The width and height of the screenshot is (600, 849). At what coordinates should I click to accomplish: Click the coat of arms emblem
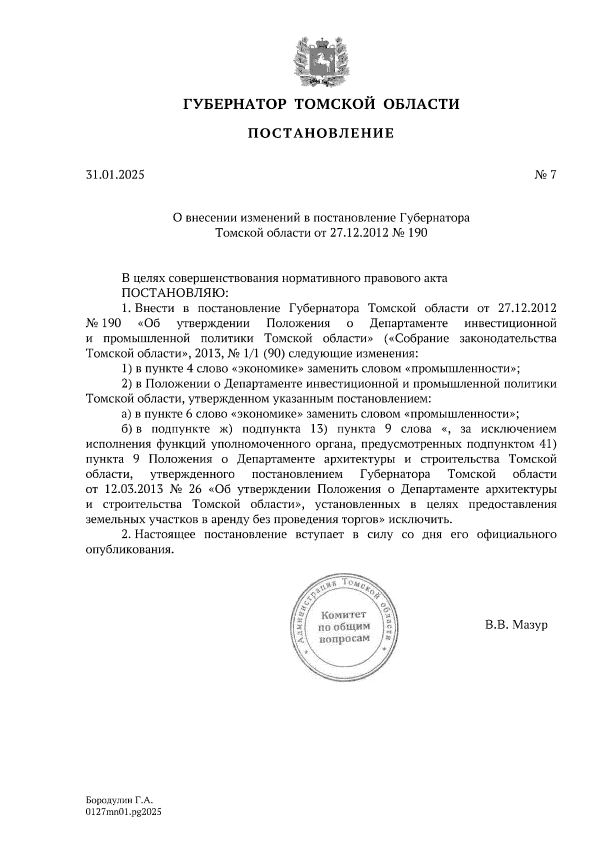[x=320, y=59]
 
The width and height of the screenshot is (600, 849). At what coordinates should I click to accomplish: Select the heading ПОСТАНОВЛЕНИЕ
[x=321, y=133]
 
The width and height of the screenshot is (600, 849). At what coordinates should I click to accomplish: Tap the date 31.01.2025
[x=115, y=174]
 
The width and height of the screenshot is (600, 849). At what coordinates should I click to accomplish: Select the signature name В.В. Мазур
[x=515, y=625]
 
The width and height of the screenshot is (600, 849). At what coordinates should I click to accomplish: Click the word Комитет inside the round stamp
[x=343, y=614]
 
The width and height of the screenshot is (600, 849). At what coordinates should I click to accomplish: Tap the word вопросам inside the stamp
[x=345, y=638]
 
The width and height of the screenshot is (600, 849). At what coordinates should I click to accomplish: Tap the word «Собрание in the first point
[x=420, y=338]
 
